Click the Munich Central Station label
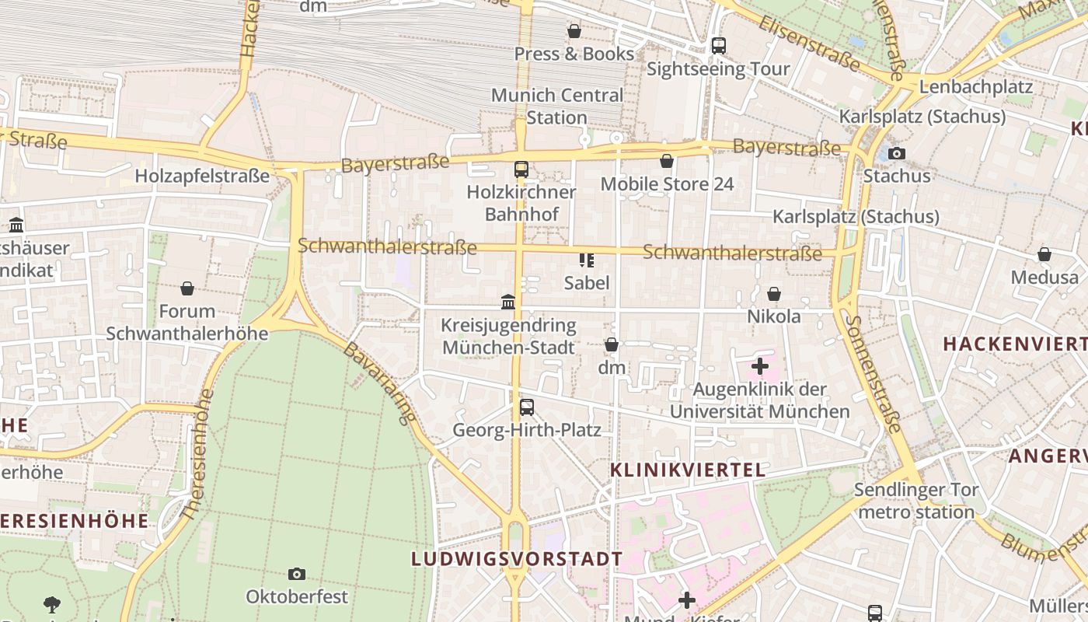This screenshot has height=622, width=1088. click(x=556, y=107)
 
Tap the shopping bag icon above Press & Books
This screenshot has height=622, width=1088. click(x=574, y=31)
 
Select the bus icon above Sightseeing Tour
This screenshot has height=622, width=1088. click(x=719, y=46)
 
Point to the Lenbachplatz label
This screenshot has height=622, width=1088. click(x=975, y=86)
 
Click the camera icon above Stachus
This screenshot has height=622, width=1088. click(x=897, y=153)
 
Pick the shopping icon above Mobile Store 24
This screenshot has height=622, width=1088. click(x=667, y=161)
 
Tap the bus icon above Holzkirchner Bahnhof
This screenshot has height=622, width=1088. click(x=521, y=169)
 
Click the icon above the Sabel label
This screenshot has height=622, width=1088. click(x=587, y=260)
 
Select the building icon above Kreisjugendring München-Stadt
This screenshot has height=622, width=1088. click(x=508, y=302)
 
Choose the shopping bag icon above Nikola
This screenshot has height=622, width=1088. click(x=774, y=294)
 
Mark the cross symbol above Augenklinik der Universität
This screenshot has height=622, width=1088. click(x=760, y=366)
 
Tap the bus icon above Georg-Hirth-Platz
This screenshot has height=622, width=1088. click(x=527, y=407)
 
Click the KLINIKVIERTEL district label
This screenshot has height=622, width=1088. click(x=688, y=470)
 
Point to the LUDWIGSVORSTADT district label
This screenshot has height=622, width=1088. click(x=517, y=559)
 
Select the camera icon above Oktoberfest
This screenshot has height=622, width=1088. click(x=297, y=574)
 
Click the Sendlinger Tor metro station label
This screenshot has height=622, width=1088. click(x=916, y=501)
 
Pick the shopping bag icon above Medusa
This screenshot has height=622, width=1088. click(x=1044, y=254)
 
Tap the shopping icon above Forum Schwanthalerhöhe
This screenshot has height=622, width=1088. click(x=187, y=289)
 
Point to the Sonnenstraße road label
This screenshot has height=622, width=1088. click(x=874, y=373)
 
